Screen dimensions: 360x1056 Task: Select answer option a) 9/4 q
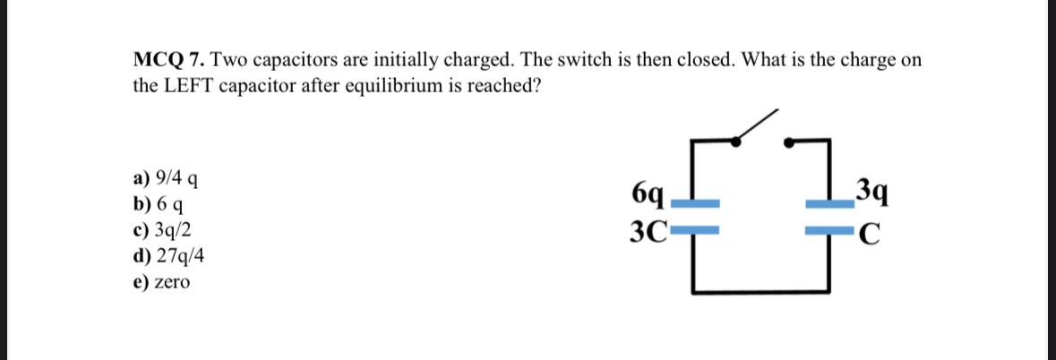click(x=166, y=177)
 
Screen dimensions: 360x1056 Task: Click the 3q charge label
click(x=871, y=192)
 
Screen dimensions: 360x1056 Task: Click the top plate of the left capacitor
click(x=696, y=202)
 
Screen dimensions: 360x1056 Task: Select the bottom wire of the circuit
click(x=761, y=291)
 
